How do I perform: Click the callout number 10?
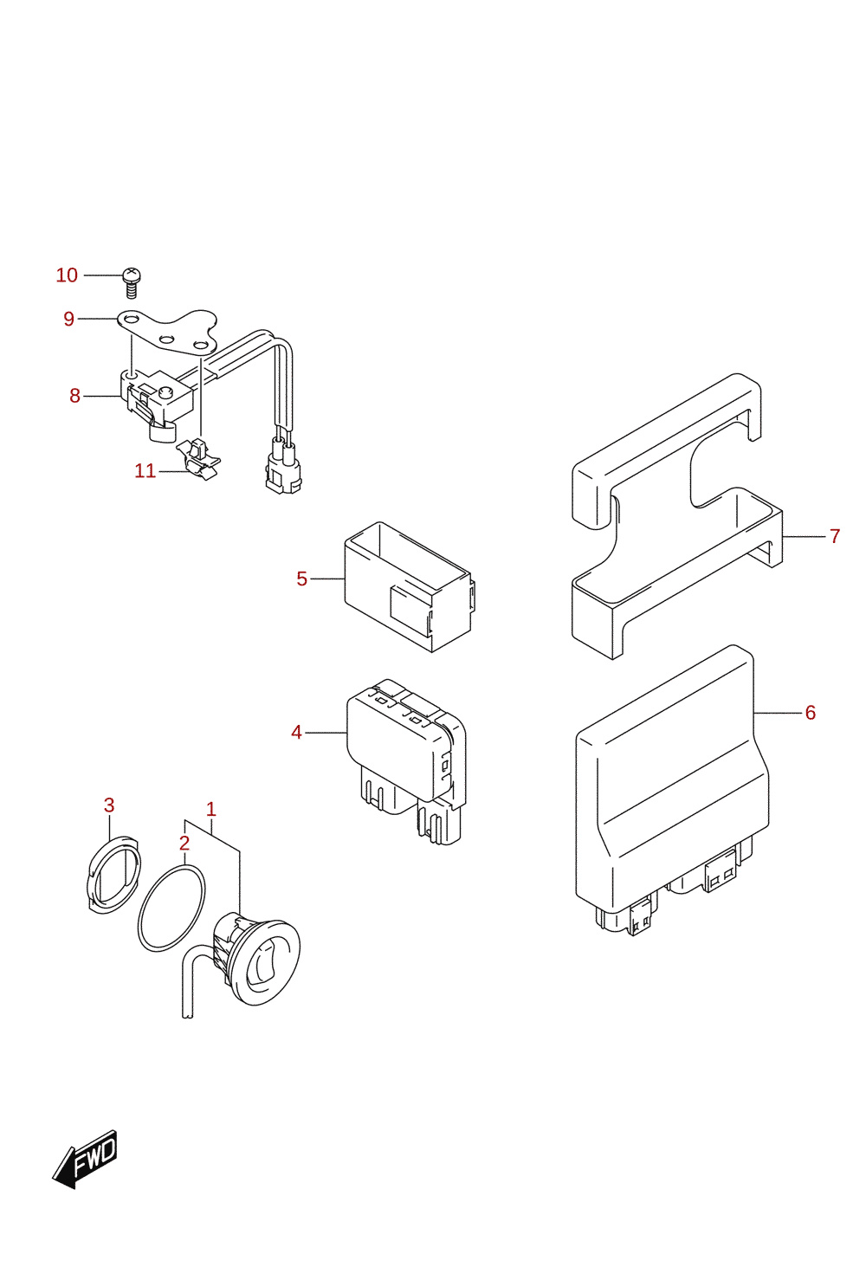coord(67,275)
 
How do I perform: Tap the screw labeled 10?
coord(131,283)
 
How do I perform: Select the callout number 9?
coord(68,320)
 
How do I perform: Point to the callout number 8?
coord(74,397)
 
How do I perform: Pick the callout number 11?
coord(145,470)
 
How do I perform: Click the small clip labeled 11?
coord(198,459)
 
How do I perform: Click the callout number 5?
coord(302,579)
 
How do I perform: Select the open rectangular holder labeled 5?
coord(408,586)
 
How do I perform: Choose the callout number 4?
coord(296,733)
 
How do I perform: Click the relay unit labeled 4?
coord(406,760)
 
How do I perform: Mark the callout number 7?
coord(835,536)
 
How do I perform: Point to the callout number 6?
coord(811,713)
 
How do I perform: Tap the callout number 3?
coord(109,805)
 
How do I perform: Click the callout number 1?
coord(211,810)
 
